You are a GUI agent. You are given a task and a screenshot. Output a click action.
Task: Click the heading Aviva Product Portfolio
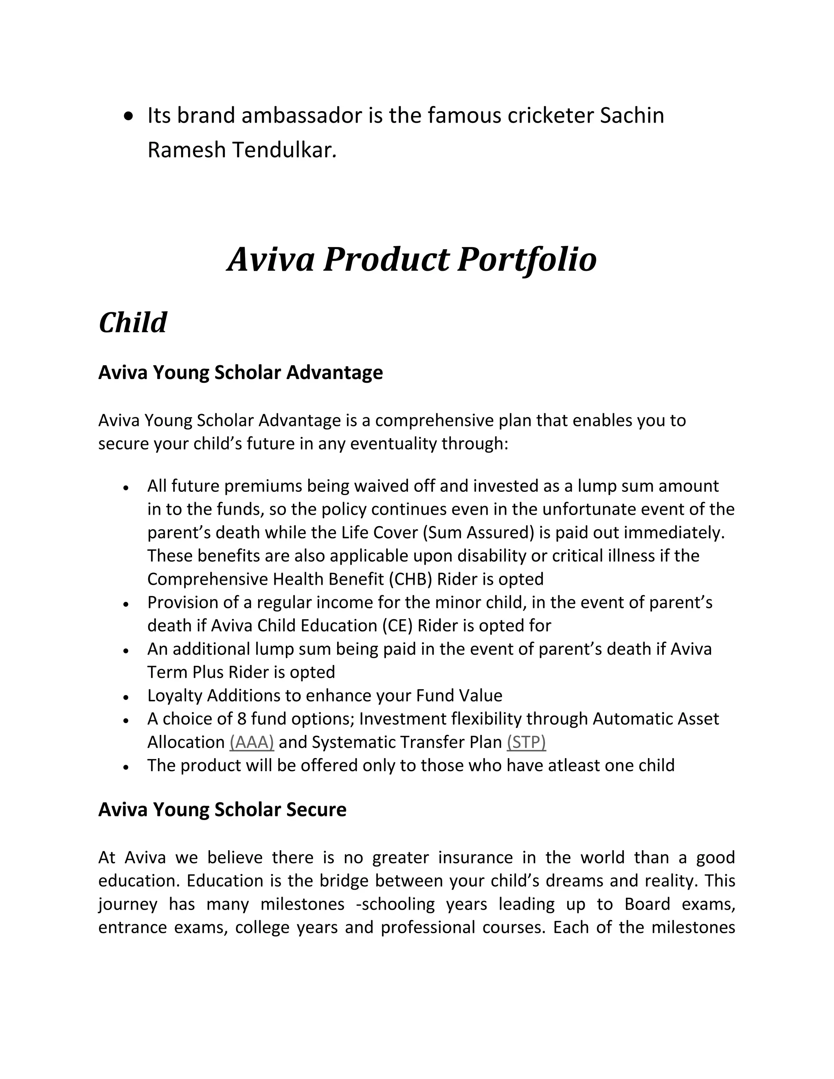pyautogui.click(x=412, y=259)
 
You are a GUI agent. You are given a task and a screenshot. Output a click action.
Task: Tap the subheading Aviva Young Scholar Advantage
pyautogui.click(x=240, y=372)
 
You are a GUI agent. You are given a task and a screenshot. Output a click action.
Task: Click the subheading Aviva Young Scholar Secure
pyautogui.click(x=222, y=809)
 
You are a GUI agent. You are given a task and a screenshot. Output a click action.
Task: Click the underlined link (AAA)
pyautogui.click(x=252, y=742)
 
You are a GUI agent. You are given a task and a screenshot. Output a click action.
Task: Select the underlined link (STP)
pyautogui.click(x=526, y=742)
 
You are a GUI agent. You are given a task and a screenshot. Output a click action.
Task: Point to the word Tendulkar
pyautogui.click(x=284, y=150)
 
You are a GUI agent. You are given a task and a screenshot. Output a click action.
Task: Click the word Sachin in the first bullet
pyautogui.click(x=632, y=116)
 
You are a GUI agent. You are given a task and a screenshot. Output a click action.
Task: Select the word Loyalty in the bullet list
pyautogui.click(x=174, y=695)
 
